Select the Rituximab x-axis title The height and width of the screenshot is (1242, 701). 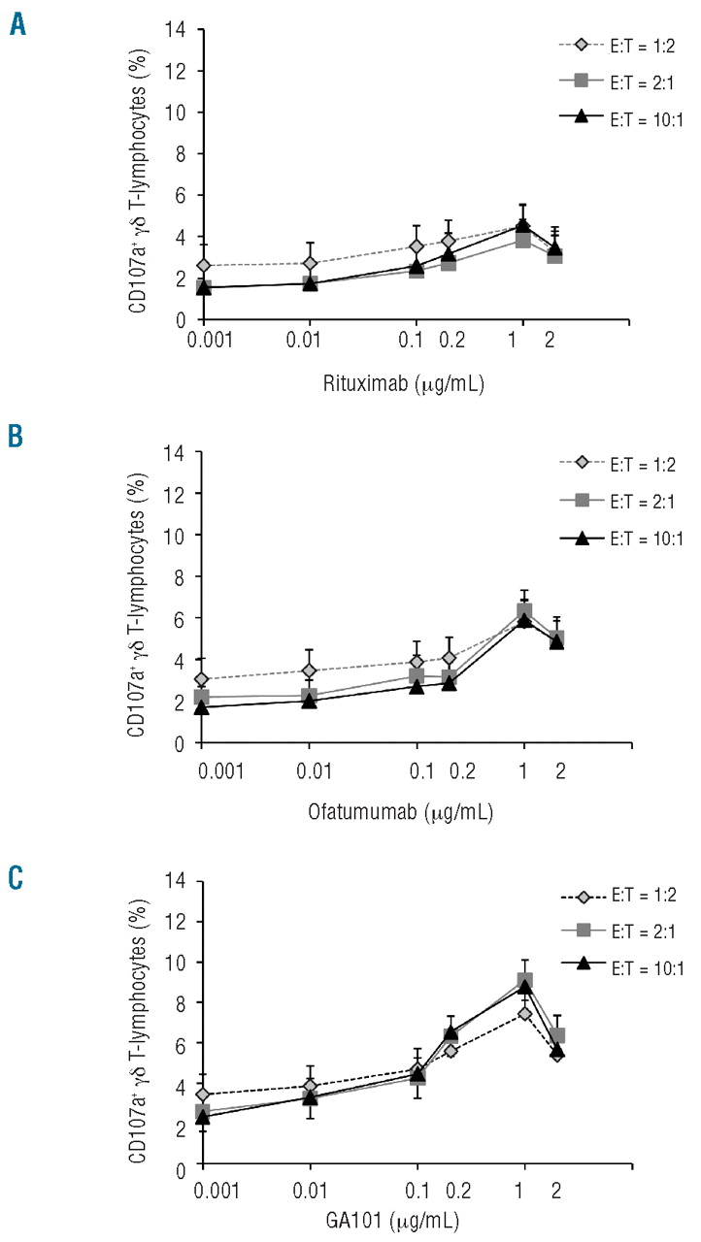pos(402,382)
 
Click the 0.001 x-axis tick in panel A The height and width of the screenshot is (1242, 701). pos(202,343)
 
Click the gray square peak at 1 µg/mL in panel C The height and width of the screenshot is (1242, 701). pos(524,981)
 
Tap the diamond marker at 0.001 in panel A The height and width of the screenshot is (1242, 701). pos(202,266)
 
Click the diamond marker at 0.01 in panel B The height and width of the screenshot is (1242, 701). pos(310,670)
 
